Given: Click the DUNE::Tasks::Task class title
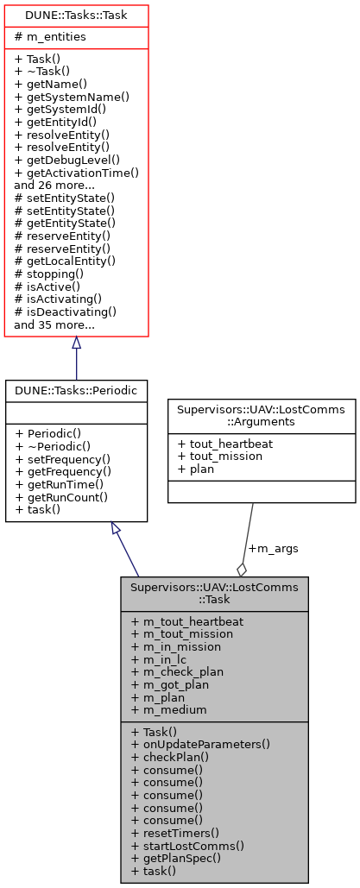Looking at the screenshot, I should pyautogui.click(x=76, y=15).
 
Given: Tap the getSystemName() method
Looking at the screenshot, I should pyautogui.click(x=72, y=97).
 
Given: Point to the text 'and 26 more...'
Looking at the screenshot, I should pyautogui.click(x=54, y=185).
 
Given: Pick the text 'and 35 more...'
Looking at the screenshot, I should pyautogui.click(x=54, y=325).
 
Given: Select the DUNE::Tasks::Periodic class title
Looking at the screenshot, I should pyautogui.click(x=76, y=390).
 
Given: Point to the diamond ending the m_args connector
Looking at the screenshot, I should pyautogui.click(x=243, y=570).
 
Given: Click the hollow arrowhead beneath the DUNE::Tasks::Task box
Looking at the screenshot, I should pyautogui.click(x=76, y=344).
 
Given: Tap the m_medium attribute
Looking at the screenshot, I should pyautogui.click(x=170, y=709).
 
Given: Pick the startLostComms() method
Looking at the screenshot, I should pyautogui.click(x=187, y=846).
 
